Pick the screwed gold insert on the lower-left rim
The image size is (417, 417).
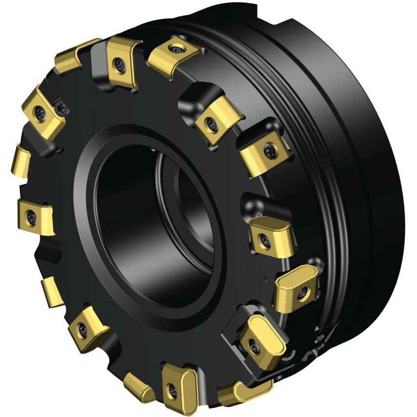point(87,325)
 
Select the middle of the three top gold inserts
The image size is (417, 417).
point(122,61)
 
